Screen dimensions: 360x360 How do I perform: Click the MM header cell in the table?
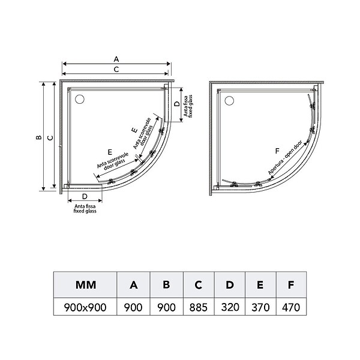coord(86,285)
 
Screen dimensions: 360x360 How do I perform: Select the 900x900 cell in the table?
coord(85,307)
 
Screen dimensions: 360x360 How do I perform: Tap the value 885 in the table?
coord(199,307)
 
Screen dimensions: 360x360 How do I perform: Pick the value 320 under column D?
coord(230,307)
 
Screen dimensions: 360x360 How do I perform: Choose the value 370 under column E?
coord(260,307)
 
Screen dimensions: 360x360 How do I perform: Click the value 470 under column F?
coord(291,307)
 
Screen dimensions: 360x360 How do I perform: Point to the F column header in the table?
coord(291,285)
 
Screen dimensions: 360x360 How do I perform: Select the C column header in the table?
coord(199,285)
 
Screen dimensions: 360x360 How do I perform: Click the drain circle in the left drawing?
coord(80,99)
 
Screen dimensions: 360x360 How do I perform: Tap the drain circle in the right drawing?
coord(229,101)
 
